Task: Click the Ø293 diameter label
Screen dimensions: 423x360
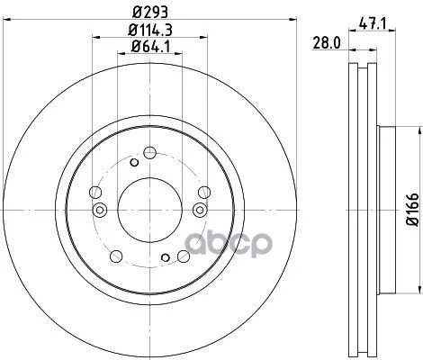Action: click(x=150, y=13)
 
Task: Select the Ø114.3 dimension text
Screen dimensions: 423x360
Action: click(x=150, y=30)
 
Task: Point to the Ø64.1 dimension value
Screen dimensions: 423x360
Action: click(x=150, y=47)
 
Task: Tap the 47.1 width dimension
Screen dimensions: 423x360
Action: click(x=372, y=23)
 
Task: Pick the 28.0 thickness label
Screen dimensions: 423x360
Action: click(x=327, y=43)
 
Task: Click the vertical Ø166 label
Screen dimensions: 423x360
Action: click(x=412, y=210)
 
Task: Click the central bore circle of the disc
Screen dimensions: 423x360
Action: click(x=149, y=210)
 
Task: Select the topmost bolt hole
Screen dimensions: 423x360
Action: click(x=149, y=153)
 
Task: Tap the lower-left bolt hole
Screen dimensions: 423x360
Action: click(x=116, y=256)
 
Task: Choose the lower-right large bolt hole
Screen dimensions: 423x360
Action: click(x=184, y=256)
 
